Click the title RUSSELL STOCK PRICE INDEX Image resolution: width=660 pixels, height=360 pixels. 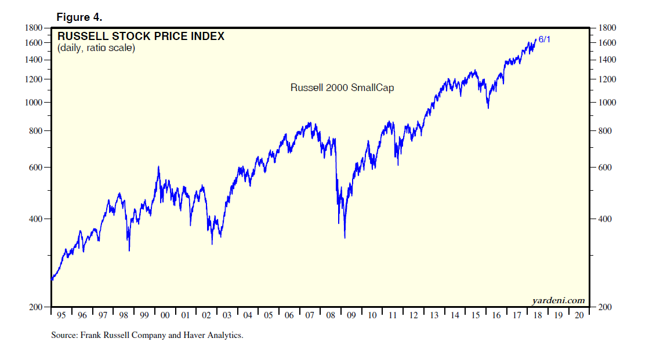click(x=141, y=37)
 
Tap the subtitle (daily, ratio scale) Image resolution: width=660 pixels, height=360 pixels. click(x=96, y=48)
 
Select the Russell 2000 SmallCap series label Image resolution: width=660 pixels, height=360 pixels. click(x=342, y=88)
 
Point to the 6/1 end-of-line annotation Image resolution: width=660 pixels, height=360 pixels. click(x=545, y=39)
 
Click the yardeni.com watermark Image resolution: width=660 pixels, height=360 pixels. click(x=558, y=300)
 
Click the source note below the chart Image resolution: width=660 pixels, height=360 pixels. click(x=147, y=335)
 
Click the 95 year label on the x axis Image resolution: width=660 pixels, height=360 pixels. click(x=61, y=315)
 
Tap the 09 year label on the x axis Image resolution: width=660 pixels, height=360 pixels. click(x=351, y=315)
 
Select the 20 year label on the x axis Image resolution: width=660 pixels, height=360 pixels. click(x=578, y=315)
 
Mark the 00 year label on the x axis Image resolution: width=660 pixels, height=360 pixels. click(x=165, y=315)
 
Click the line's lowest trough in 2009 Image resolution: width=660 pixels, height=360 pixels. click(x=345, y=238)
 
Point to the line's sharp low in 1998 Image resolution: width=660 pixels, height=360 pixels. click(x=129, y=250)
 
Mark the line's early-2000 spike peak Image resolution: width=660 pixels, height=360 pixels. click(x=159, y=166)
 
